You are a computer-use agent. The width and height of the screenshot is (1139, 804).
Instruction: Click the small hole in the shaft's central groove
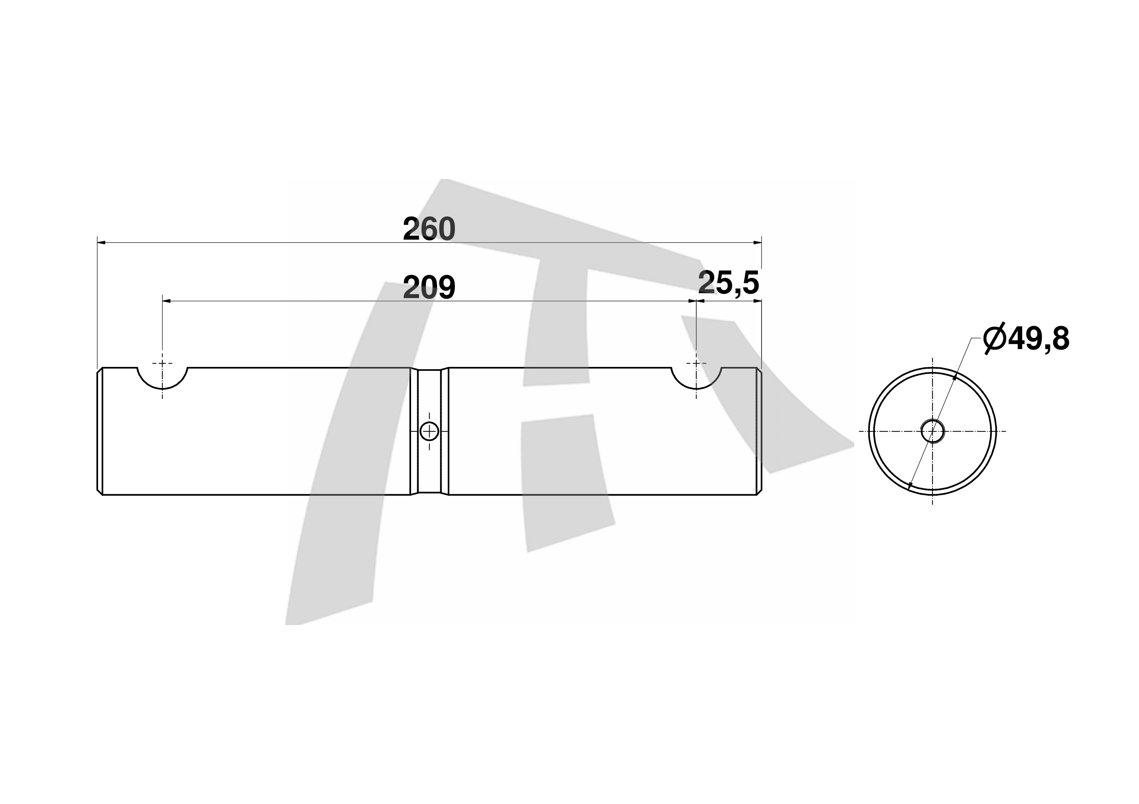pos(429,431)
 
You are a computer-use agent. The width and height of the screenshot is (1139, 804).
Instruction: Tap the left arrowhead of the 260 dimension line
pos(101,243)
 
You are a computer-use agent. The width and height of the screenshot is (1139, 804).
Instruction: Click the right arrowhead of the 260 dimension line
pos(757,243)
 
